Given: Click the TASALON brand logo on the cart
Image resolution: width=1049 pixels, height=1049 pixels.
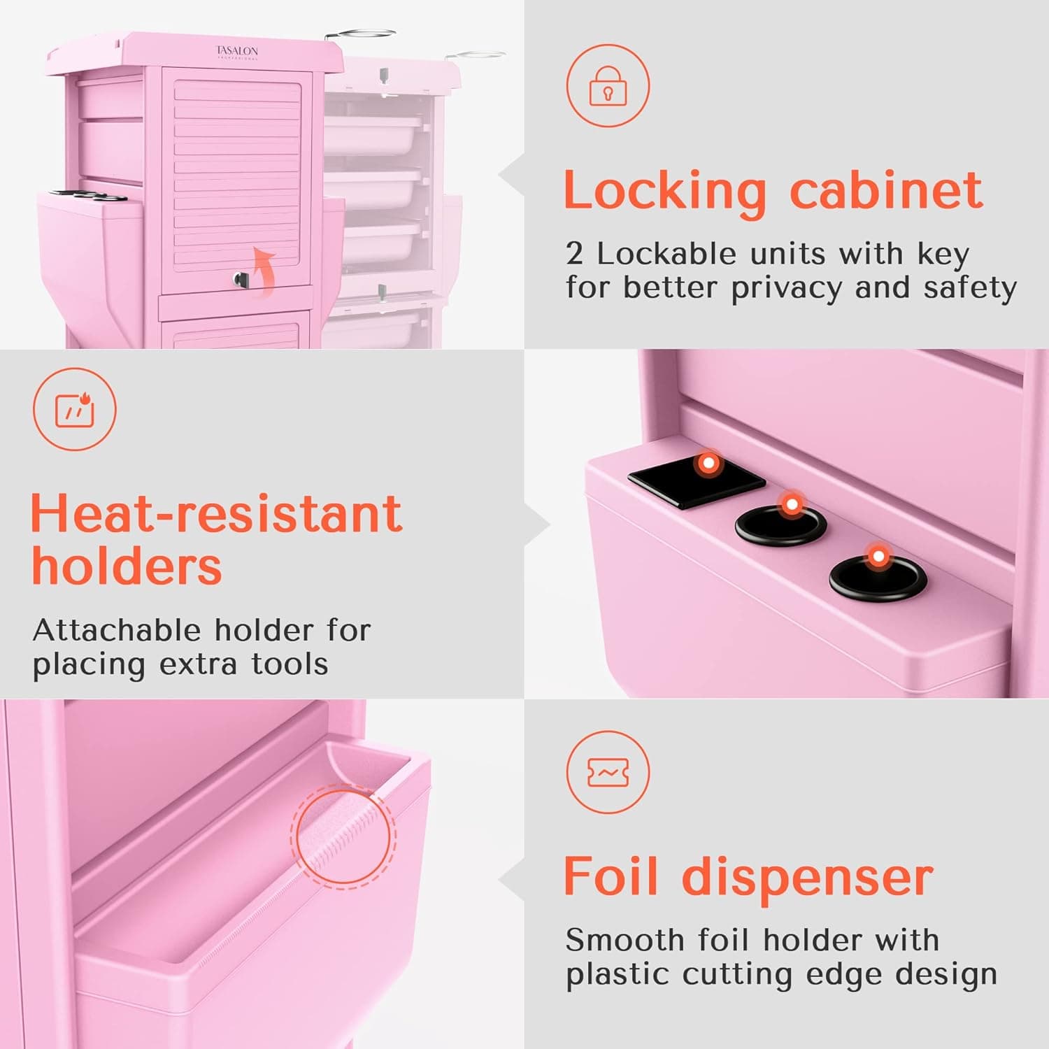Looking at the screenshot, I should point(236,52).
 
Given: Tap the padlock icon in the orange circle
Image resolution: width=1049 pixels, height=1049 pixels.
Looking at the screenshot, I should point(608,86).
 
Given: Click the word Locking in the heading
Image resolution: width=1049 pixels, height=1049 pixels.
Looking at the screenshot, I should point(665,191).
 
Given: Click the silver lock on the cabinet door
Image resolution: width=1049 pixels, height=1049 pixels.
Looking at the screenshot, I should point(241,280).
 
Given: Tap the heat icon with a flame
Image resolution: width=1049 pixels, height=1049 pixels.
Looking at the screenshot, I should point(74,409).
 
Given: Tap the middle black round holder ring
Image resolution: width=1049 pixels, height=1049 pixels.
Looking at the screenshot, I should point(780,524).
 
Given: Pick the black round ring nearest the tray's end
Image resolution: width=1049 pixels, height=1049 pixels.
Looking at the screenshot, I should point(878,578).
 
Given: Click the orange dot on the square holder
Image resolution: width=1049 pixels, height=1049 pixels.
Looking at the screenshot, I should point(709,463).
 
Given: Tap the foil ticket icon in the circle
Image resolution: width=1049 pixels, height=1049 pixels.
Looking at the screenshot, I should point(608,772).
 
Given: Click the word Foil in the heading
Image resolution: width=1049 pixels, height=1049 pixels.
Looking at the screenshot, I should point(611,876).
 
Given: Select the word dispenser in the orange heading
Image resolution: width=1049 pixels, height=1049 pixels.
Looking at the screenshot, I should point(807,876).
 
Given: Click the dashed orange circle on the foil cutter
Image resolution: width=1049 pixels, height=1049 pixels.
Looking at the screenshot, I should point(343,836).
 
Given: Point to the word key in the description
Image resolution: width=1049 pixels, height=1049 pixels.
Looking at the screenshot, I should point(943,255).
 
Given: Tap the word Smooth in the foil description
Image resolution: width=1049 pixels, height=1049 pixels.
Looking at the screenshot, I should point(625,940).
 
